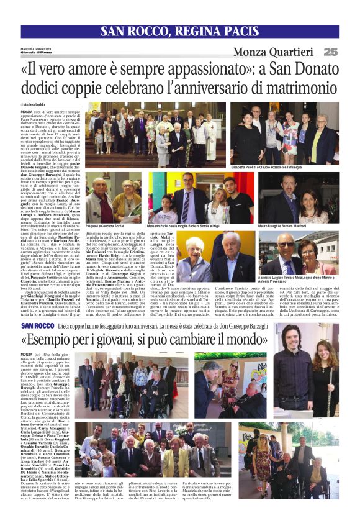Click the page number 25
tap(330, 52)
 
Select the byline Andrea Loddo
tap(38, 104)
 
